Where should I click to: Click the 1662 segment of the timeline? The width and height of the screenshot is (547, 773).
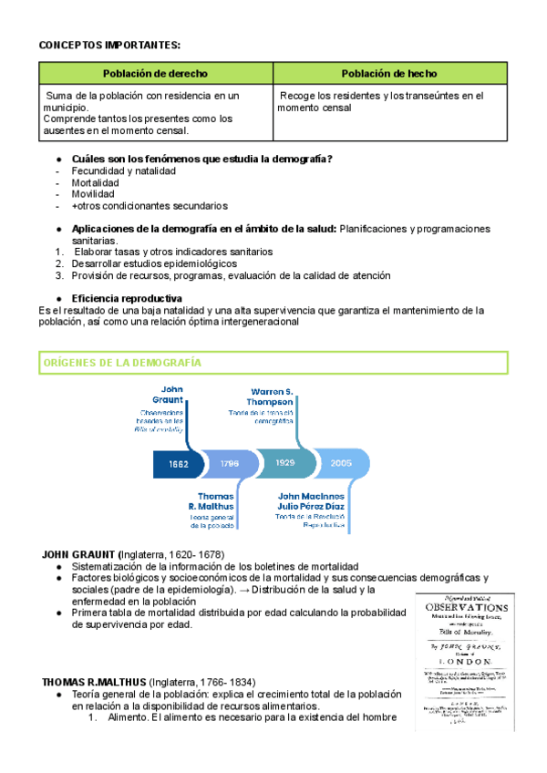[178, 463]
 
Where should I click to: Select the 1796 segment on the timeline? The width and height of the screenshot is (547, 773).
[229, 463]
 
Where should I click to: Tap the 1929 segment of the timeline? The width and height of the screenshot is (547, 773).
[284, 463]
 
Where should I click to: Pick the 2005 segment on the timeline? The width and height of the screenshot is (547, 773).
[341, 463]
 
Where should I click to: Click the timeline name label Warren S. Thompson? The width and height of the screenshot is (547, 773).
[272, 397]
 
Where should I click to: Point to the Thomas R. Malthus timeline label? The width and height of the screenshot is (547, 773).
[212, 501]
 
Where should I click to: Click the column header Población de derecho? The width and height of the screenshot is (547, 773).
[155, 73]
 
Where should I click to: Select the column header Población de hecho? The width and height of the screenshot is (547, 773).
[389, 73]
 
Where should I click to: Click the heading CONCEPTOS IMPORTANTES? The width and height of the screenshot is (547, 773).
[109, 44]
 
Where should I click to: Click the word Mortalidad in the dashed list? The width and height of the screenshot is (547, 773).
[99, 182]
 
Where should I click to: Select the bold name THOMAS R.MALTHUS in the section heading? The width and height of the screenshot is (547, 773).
[93, 682]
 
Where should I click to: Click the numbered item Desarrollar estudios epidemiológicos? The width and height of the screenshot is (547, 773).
[154, 263]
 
